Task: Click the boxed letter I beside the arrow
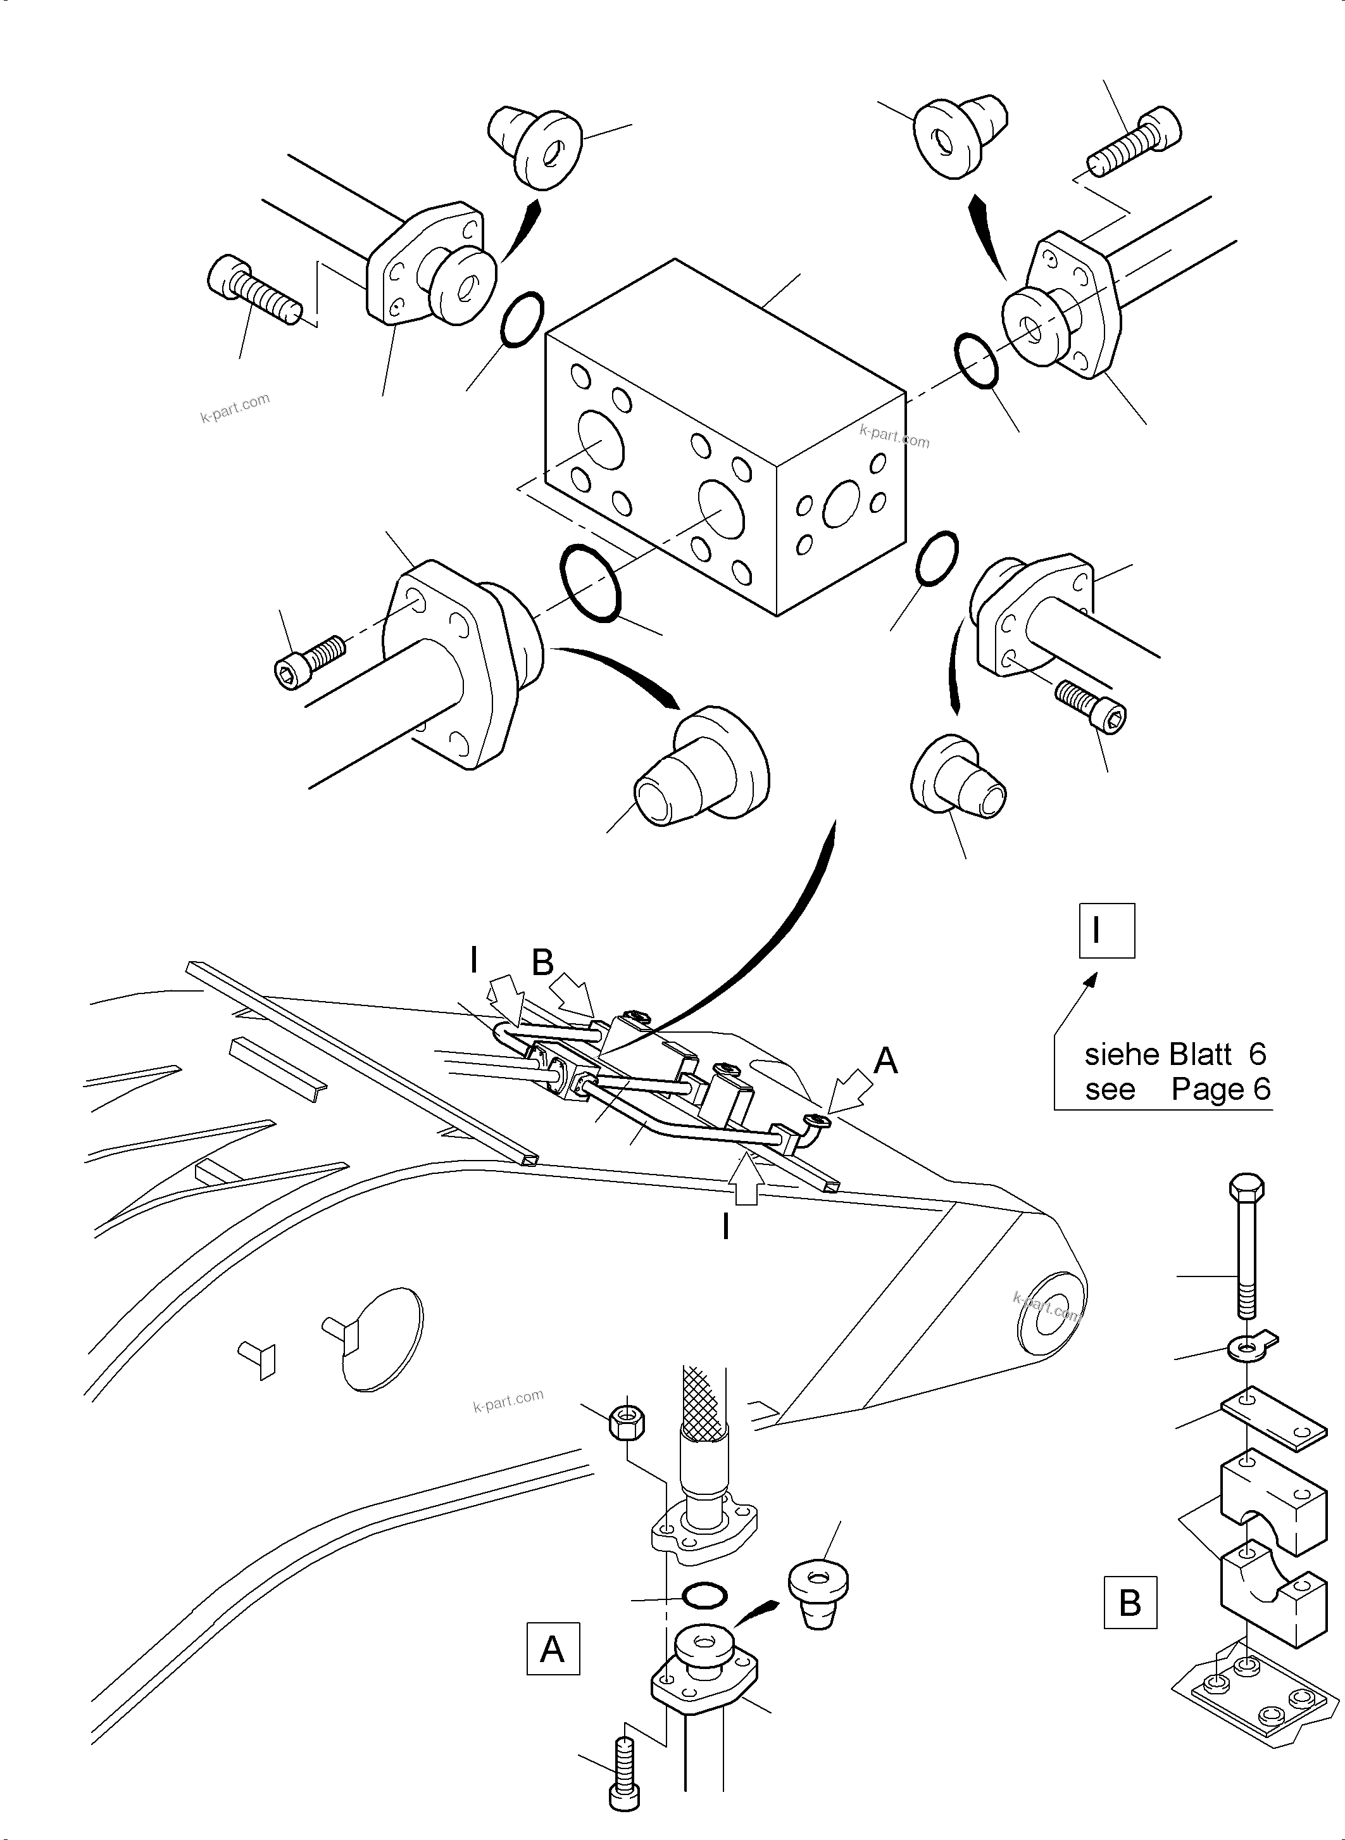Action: [1106, 930]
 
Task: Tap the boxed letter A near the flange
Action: [553, 1649]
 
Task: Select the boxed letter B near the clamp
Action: [1129, 1603]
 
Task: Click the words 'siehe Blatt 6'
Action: [1175, 1055]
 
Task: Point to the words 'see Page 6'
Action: [1177, 1090]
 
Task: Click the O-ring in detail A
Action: [703, 1596]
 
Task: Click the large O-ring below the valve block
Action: [591, 583]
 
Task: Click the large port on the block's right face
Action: [841, 503]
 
